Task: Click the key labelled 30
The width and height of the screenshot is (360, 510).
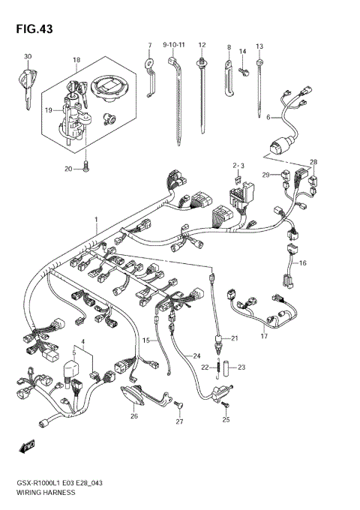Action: point(28,82)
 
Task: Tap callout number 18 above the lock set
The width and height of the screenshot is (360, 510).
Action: point(76,58)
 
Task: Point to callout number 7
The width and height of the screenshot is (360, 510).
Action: point(149,45)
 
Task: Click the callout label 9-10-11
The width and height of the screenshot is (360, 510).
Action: point(174,45)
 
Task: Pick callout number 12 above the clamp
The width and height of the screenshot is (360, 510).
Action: point(202,45)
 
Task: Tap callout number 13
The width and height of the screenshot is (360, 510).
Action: point(259,46)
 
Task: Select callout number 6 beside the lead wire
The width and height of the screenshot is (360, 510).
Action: point(268,117)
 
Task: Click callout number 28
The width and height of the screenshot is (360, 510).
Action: point(313,162)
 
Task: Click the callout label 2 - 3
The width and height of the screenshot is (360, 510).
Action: point(238,164)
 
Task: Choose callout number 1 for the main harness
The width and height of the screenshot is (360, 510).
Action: point(95,218)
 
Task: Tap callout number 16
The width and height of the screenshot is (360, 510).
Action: point(303,263)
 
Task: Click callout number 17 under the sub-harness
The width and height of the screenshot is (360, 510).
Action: point(263,335)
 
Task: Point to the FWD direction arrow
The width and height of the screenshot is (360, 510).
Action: point(28,448)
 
